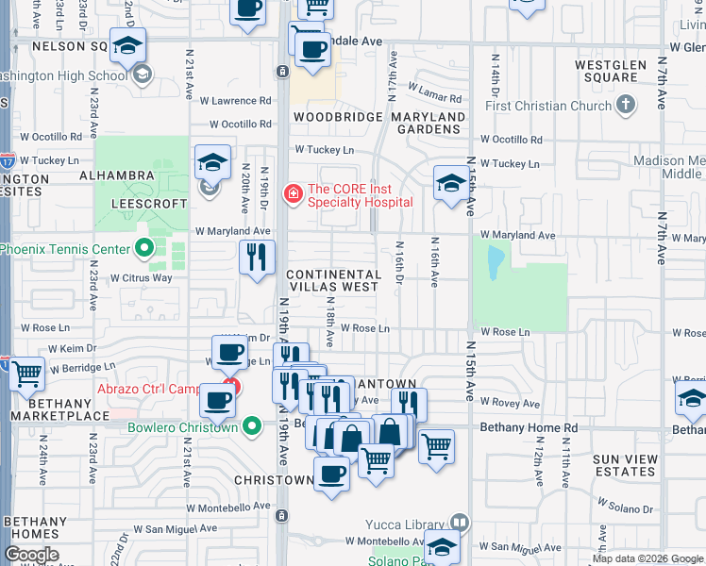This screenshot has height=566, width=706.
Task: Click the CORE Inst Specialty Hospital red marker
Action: point(294,194)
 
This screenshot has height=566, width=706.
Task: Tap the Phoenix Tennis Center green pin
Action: point(143,250)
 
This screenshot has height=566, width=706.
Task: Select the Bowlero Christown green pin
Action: point(251,426)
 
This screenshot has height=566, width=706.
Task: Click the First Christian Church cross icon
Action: point(626,106)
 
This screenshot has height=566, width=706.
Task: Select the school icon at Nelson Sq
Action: point(127,44)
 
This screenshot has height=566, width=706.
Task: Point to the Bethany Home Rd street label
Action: point(529,427)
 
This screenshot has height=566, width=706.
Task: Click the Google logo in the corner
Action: point(32,555)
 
